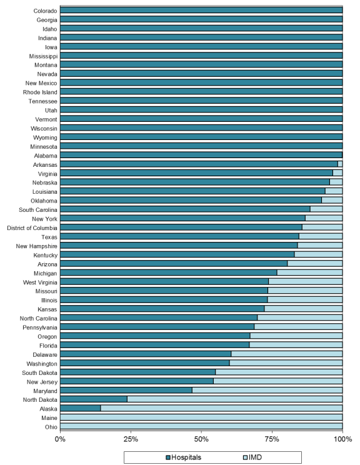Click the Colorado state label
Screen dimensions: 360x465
45,11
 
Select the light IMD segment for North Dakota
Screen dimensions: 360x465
235,399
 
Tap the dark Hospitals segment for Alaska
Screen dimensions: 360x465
81,408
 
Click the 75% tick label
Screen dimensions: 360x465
272,439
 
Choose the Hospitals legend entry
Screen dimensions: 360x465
184,457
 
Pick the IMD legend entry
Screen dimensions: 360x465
252,457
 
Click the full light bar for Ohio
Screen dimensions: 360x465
201,426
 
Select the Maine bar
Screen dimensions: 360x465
201,417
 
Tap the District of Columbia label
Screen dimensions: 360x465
32,228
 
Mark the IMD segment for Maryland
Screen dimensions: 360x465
267,390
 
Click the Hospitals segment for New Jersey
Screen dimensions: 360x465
137,381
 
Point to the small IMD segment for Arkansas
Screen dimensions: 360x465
340,164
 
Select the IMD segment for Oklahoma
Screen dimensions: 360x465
332,200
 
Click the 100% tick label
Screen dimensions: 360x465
342,439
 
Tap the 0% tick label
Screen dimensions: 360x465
60,439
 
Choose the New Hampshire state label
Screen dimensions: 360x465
36,246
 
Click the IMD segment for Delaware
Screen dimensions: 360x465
287,354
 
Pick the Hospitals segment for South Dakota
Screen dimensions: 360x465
138,372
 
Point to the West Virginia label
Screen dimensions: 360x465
40,282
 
